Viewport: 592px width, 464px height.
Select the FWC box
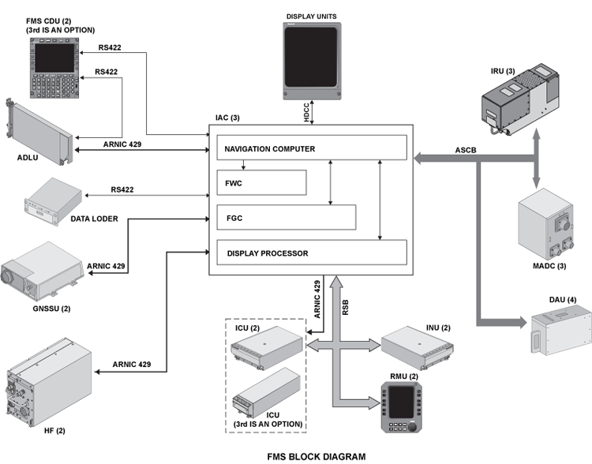pyautogui.click(x=261, y=182)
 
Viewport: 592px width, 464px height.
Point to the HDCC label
pyautogui.click(x=307, y=112)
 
